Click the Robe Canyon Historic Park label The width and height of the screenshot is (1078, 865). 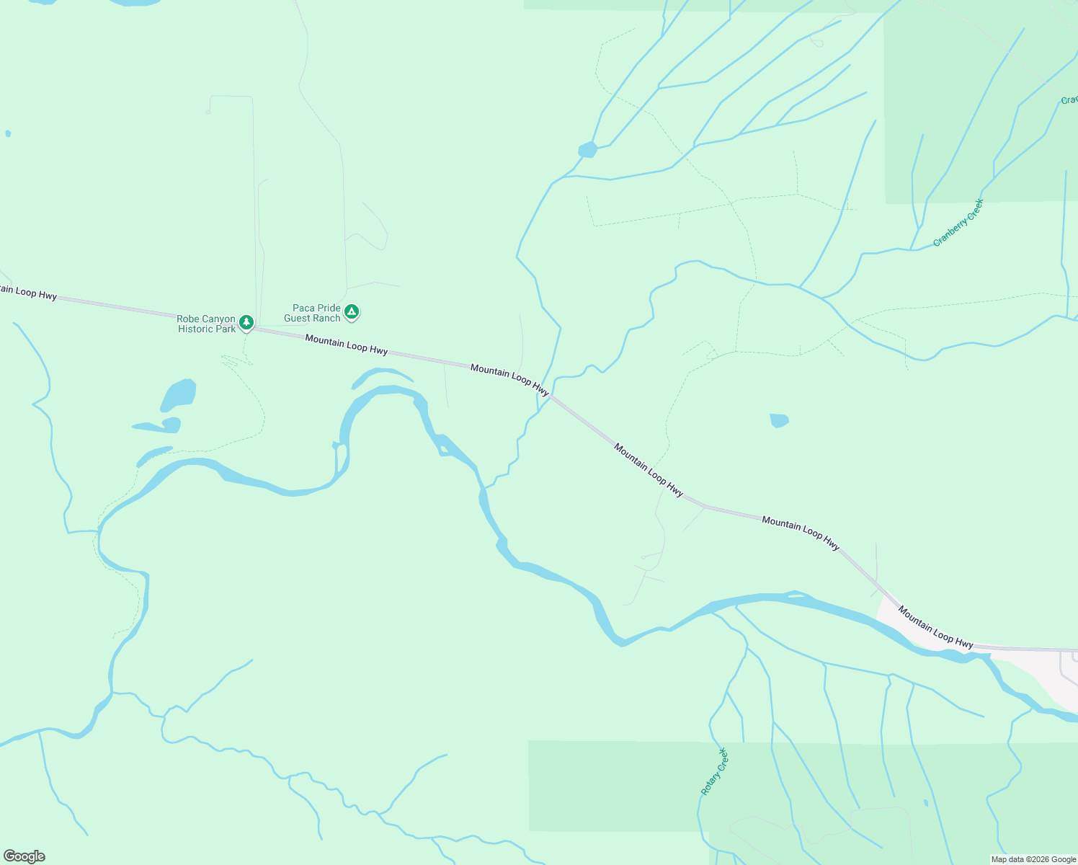[206, 324]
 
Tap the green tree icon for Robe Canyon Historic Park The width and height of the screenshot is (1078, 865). [246, 321]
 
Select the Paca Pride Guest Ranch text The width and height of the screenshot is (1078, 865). [312, 313]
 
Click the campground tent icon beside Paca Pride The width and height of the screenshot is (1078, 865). [351, 311]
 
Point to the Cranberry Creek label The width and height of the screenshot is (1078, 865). [958, 223]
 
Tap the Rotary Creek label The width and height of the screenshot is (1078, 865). [715, 771]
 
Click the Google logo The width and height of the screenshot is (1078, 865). [24, 856]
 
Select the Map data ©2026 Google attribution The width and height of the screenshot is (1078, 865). [1033, 859]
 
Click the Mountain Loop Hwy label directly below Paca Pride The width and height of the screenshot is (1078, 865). [346, 344]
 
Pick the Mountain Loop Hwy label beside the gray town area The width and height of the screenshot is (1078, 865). [935, 627]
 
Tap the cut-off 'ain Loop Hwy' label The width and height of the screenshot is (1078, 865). [28, 293]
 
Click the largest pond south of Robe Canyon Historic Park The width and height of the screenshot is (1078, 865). [179, 395]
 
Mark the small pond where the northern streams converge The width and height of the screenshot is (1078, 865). [587, 150]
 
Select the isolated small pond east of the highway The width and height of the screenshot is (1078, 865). [779, 420]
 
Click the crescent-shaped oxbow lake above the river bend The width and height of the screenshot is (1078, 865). [382, 376]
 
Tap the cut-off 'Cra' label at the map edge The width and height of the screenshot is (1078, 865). [1069, 100]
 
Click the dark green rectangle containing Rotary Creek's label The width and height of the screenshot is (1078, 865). [612, 786]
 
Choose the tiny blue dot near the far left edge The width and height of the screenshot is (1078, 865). [8, 133]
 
